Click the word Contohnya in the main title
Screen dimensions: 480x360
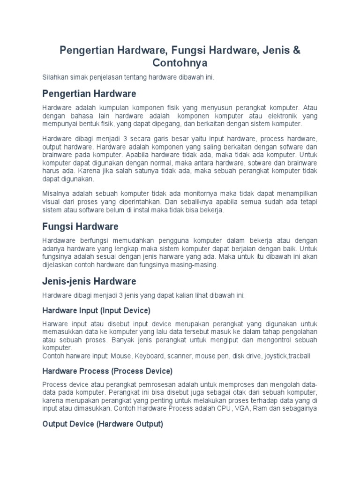pyautogui.click(x=180, y=62)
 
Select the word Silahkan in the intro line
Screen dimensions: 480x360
pyautogui.click(x=55, y=77)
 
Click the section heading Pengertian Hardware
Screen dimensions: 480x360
pyautogui.click(x=89, y=93)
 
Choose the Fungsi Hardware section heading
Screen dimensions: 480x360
pyautogui.click(x=80, y=227)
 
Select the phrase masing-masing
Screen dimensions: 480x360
pyautogui.click(x=196, y=265)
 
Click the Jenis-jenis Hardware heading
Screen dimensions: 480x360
pyautogui.click(x=89, y=282)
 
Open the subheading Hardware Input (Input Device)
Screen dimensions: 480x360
pyautogui.click(x=96, y=310)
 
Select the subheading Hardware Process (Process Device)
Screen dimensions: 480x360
pyautogui.click(x=107, y=371)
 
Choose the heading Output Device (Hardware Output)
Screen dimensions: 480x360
pyautogui.click(x=103, y=424)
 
